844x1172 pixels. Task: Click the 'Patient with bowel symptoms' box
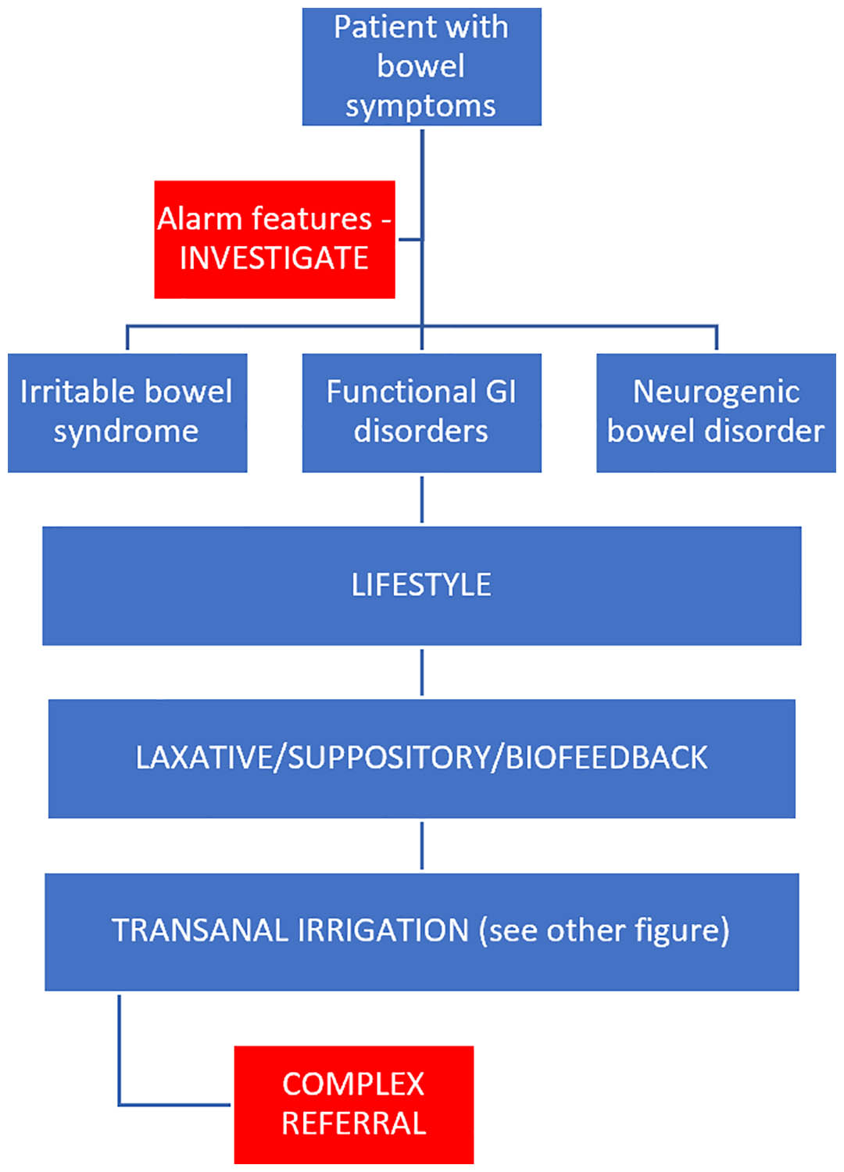click(421, 66)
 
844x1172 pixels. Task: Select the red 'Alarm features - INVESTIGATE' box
click(274, 239)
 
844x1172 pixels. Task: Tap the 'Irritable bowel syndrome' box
click(127, 413)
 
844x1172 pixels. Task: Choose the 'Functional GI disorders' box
click(421, 413)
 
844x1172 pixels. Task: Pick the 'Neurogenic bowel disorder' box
click(716, 413)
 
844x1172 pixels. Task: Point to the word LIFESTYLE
click(421, 585)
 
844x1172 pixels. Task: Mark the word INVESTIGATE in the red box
click(274, 258)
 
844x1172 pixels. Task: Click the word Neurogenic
click(716, 392)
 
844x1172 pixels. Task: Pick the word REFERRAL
click(354, 1124)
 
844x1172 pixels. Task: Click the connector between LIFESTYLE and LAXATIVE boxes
click(422, 672)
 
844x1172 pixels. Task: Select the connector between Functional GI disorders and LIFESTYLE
click(422, 500)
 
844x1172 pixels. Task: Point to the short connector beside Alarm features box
click(410, 239)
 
